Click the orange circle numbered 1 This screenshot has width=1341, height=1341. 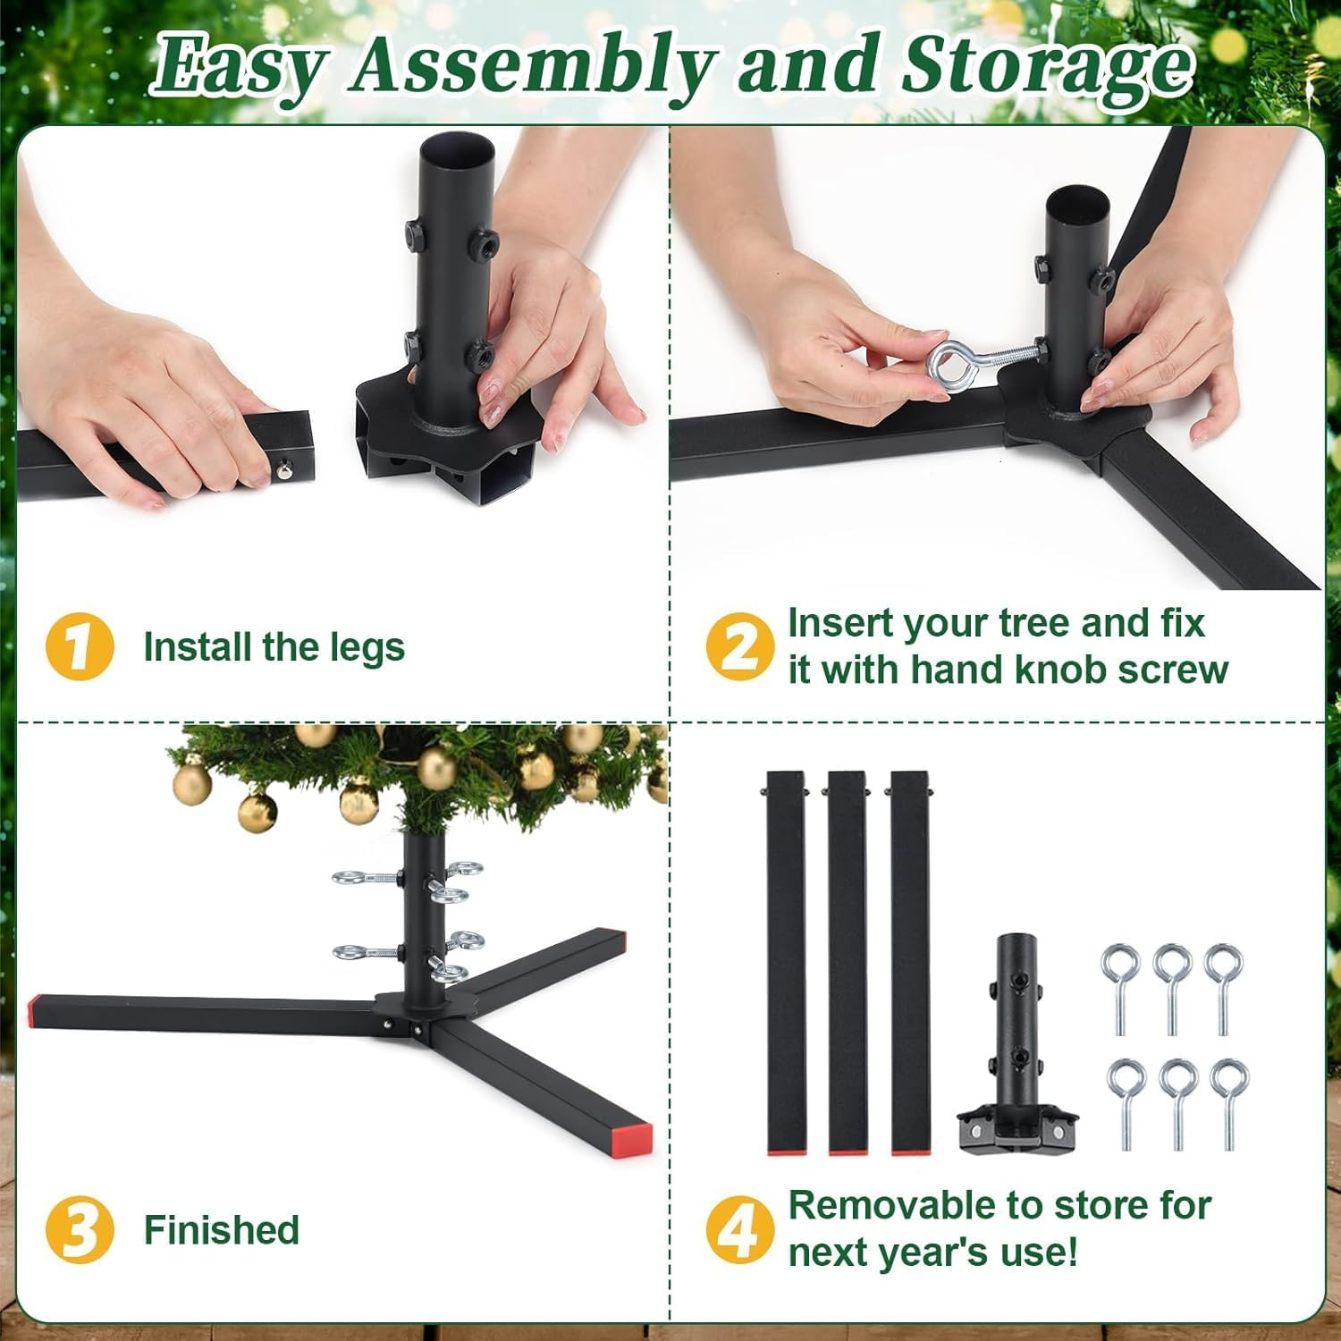click(x=80, y=645)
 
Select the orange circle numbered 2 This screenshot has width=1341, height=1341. click(x=740, y=645)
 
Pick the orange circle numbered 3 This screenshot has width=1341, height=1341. click(x=80, y=1229)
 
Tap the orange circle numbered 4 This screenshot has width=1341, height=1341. click(x=740, y=1229)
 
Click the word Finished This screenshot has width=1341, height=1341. click(x=222, y=1230)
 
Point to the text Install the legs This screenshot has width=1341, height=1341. click(x=274, y=647)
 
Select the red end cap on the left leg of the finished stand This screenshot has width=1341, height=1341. click(x=34, y=1010)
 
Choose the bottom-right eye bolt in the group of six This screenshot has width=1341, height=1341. click(x=1228, y=1104)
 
